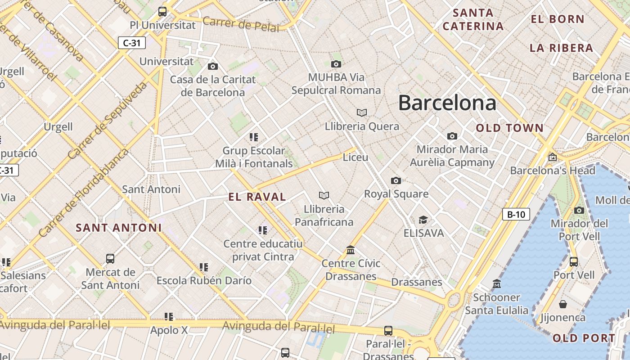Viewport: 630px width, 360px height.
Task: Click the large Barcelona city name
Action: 447,103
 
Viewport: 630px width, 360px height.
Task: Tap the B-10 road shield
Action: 516,214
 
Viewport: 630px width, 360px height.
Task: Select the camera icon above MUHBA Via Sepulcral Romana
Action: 336,64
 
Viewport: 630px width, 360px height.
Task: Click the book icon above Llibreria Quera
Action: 362,112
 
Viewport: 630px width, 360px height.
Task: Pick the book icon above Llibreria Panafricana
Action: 324,195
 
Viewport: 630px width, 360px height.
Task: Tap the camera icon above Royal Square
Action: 396,180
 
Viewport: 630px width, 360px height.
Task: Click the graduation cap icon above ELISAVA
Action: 423,220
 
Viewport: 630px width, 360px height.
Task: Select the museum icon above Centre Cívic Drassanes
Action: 351,250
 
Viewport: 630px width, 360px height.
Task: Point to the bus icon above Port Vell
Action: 574,261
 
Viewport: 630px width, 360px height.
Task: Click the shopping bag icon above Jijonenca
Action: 562,304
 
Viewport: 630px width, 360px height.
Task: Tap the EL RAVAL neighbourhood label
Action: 257,197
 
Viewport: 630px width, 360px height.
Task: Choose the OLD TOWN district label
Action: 510,128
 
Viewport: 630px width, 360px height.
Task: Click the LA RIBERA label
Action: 561,48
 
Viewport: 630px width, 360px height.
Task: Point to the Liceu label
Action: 355,157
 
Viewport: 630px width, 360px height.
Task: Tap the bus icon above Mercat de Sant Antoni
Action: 110,259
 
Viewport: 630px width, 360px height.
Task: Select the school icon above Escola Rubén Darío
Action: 204,267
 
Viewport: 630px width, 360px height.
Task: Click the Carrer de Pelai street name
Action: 241,24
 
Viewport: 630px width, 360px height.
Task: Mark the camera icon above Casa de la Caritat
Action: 213,67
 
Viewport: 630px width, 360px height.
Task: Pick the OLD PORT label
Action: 584,338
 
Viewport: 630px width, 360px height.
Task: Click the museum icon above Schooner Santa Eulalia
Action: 497,284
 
